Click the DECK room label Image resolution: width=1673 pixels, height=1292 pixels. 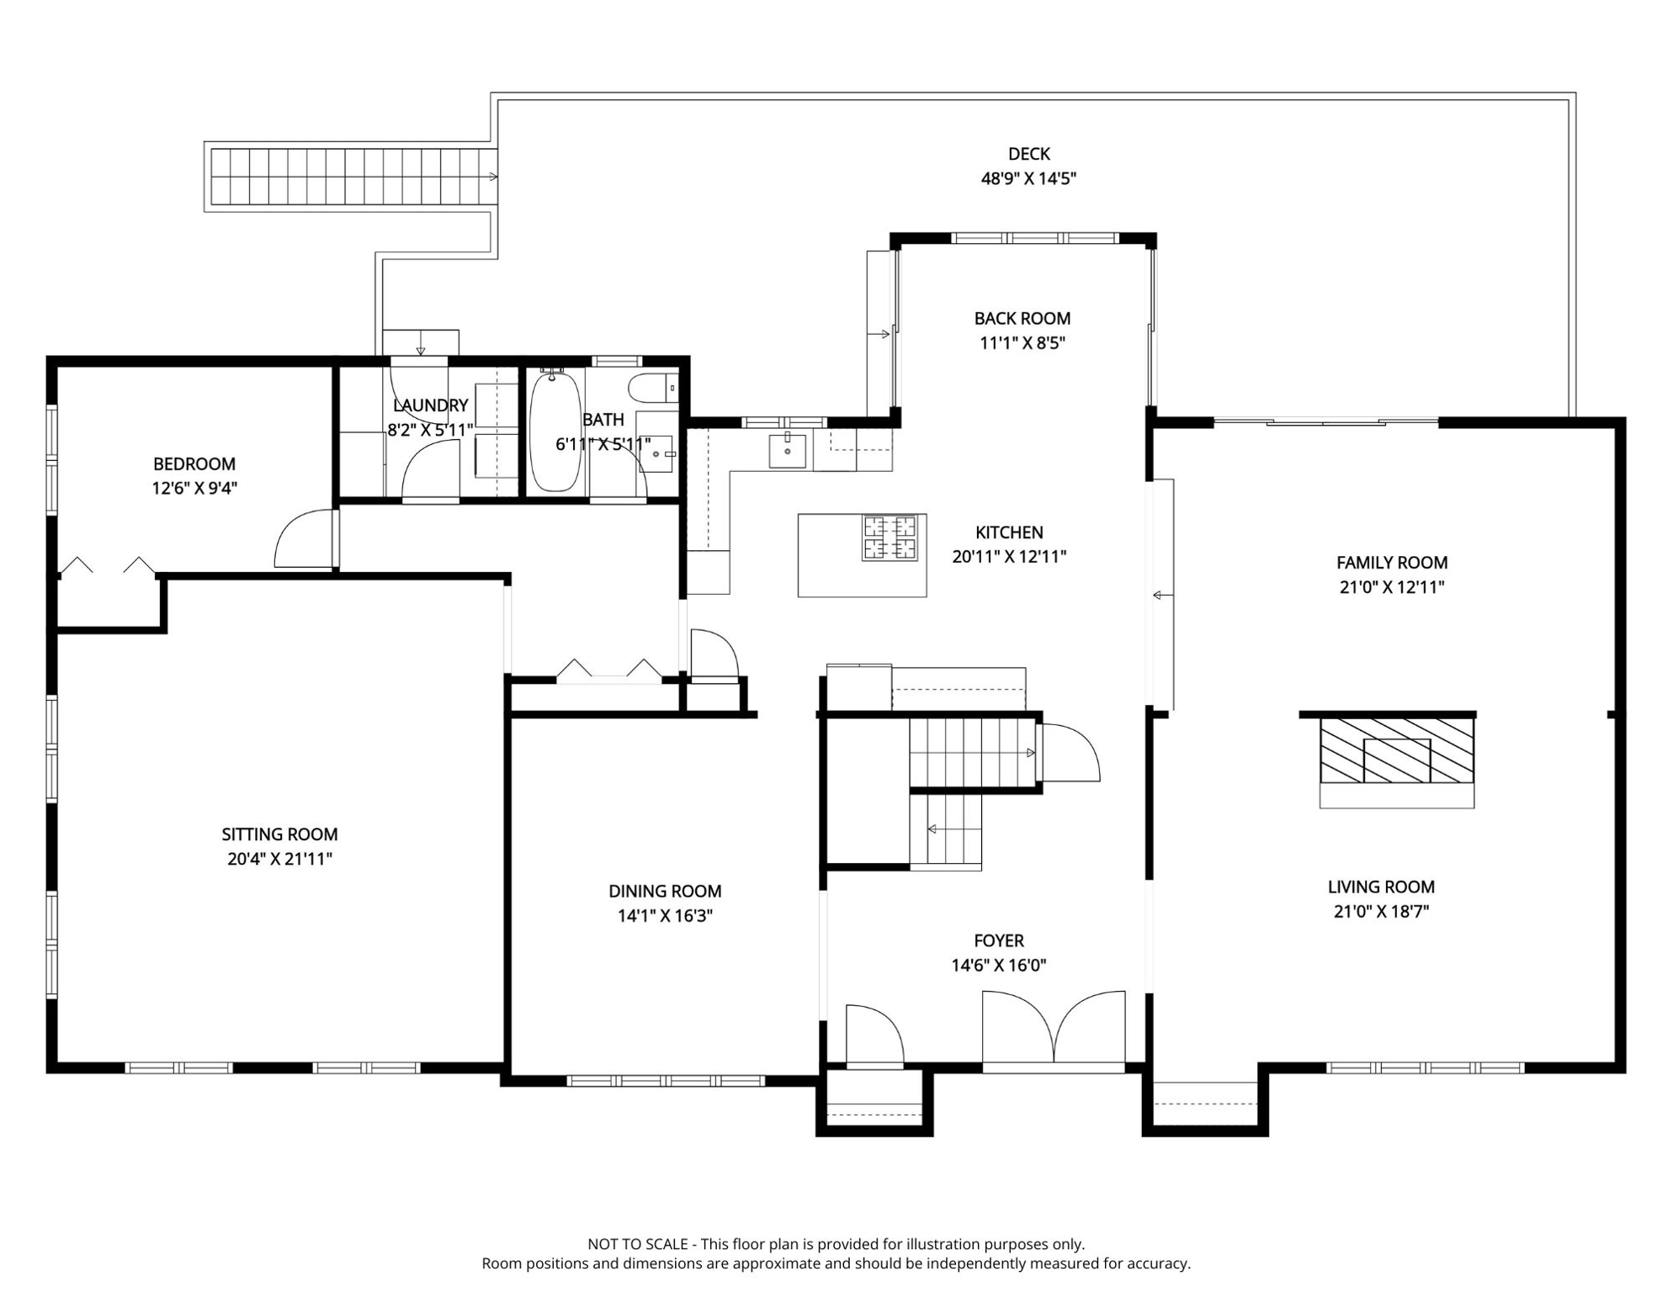point(1028,154)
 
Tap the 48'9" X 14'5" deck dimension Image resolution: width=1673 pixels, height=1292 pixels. point(1028,178)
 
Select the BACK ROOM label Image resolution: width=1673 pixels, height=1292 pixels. point(1022,319)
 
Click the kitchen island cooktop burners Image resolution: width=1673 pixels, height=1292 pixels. point(890,538)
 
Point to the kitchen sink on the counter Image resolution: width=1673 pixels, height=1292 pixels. point(788,451)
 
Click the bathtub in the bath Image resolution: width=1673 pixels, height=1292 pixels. point(555,431)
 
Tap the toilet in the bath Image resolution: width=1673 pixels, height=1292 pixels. point(653,388)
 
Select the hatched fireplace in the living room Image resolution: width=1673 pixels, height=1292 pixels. point(1396,750)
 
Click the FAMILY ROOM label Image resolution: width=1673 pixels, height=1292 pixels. point(1392,563)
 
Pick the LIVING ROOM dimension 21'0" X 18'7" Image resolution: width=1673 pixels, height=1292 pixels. point(1381,911)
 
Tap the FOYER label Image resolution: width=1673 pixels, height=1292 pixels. point(999,941)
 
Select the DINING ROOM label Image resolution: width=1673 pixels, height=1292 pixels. point(665,892)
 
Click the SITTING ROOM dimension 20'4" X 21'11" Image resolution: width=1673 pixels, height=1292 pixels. point(279,859)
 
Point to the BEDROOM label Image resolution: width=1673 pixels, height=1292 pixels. point(194,464)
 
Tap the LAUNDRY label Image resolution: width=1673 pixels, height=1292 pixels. point(430,406)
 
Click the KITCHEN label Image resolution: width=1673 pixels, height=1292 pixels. point(1009,532)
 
